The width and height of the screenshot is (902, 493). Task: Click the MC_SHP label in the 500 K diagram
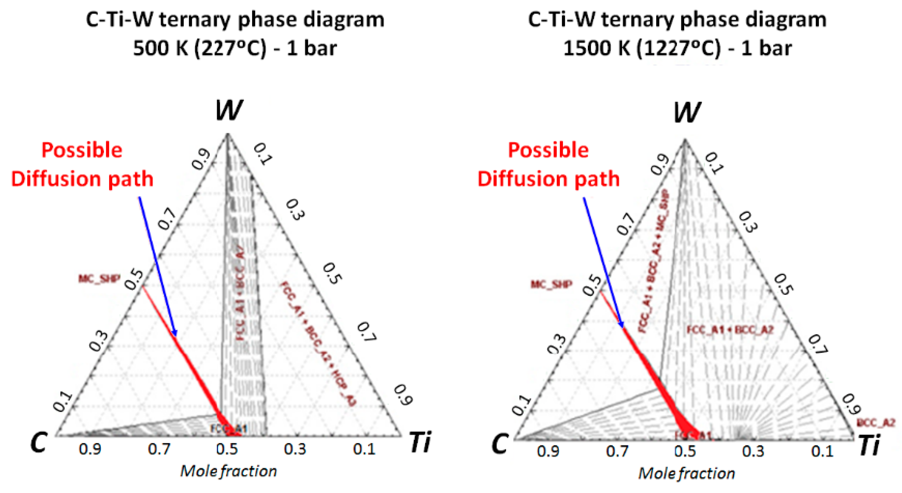pyautogui.click(x=99, y=279)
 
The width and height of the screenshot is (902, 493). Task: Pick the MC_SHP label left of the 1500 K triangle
pyautogui.click(x=551, y=284)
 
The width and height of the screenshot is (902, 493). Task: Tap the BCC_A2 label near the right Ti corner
pyautogui.click(x=875, y=423)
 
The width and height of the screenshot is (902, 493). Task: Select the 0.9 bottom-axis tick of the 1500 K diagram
pyautogui.click(x=548, y=451)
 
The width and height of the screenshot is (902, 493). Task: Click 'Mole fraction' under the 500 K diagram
pyautogui.click(x=228, y=471)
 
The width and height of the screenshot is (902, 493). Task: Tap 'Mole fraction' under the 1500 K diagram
pyautogui.click(x=686, y=473)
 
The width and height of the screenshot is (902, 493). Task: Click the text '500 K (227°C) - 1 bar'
pyautogui.click(x=235, y=48)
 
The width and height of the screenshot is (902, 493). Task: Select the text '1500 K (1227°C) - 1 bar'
pyautogui.click(x=677, y=48)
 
